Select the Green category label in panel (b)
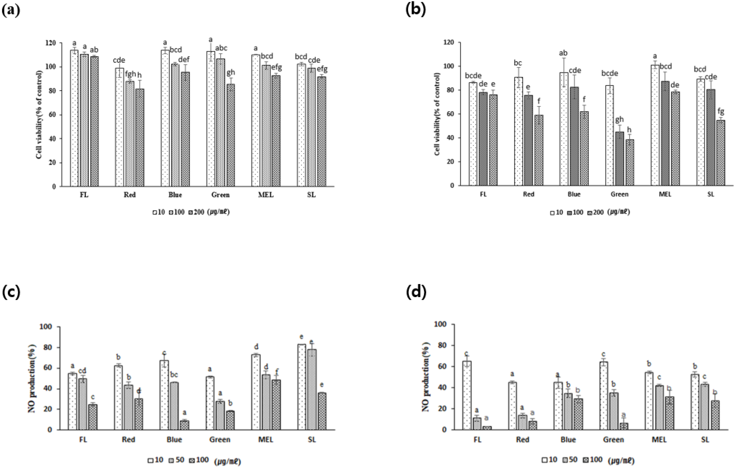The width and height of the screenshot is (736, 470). [x=620, y=194]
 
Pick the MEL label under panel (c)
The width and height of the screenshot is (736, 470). [x=266, y=440]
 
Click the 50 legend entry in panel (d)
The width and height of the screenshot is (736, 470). [x=572, y=460]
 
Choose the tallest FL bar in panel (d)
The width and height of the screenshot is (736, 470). [x=467, y=395]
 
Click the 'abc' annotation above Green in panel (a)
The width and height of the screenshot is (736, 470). [x=221, y=48]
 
